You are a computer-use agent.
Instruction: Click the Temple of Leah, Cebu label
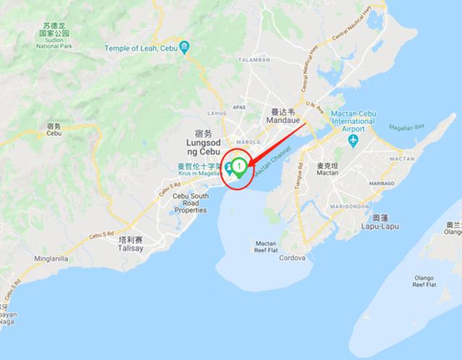coord(140,48)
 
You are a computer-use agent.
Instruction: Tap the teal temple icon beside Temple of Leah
coord(184,48)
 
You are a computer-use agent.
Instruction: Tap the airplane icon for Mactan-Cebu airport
coord(353,140)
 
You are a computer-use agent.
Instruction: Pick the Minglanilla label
coord(51,258)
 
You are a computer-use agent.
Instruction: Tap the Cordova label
coord(293,257)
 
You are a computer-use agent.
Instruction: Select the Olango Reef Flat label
coord(424,280)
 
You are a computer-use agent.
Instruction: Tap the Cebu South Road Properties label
coord(191,203)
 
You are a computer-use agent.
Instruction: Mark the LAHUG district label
coord(216,113)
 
